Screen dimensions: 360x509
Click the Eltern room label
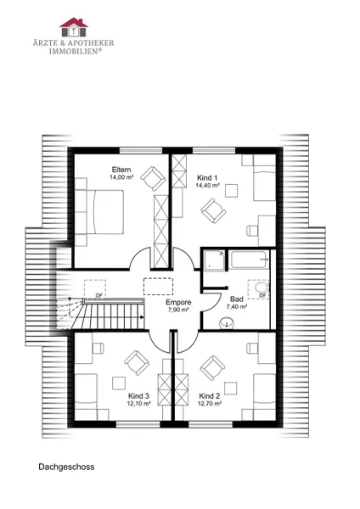coord(121,170)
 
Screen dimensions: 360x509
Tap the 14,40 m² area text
coord(208,185)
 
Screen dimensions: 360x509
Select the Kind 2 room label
coord(210,396)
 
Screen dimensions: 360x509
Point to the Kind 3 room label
coord(138,396)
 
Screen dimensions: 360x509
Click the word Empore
coord(178,302)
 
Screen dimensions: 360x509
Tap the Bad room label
coord(237,299)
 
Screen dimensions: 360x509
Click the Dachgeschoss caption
coord(66,467)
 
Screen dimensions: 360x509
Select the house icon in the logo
coord(74,27)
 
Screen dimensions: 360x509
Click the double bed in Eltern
coord(99,211)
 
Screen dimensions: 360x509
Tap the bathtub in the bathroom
coord(250,260)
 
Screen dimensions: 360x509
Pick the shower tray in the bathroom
coord(214,260)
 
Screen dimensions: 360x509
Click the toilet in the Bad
coord(227,324)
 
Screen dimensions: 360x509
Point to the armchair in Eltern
coord(153,178)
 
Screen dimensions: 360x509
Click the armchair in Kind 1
coord(213,211)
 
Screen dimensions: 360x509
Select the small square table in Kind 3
coord(119,383)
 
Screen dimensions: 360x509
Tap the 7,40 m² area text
coord(237,306)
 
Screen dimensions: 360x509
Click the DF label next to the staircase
coord(99,295)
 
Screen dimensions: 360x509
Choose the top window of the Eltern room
coord(141,150)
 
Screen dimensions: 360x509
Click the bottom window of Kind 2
coord(211,424)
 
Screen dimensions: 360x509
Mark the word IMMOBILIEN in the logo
coord(73,51)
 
